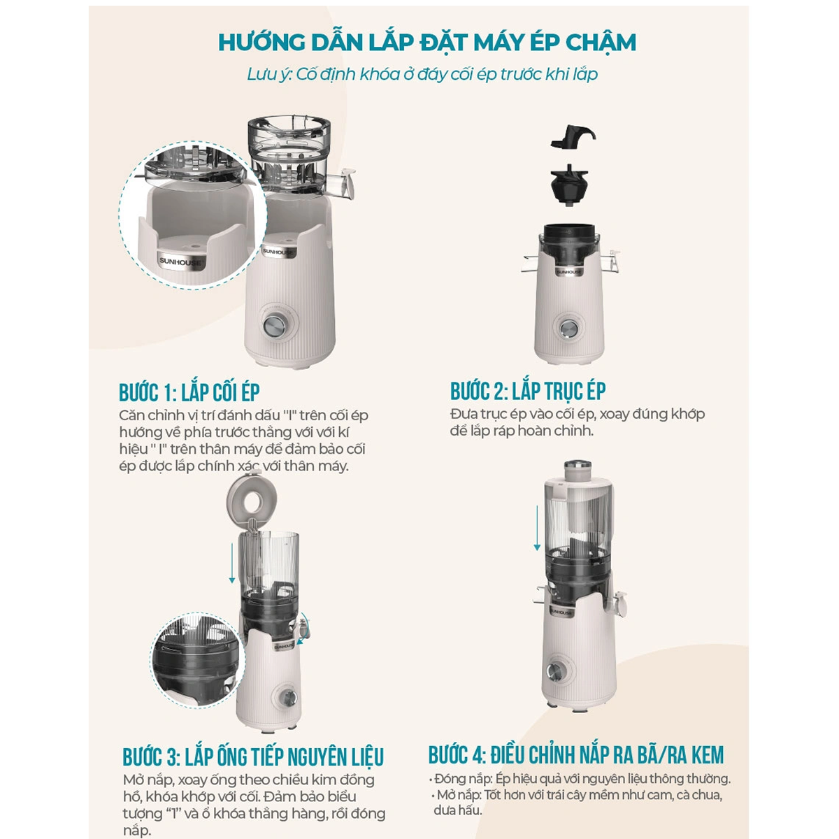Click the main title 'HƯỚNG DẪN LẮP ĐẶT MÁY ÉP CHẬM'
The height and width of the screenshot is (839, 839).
tap(427, 41)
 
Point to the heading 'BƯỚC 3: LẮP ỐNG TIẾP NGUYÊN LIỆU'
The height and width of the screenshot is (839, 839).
tap(253, 756)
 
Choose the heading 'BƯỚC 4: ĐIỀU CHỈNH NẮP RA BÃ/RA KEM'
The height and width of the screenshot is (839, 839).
tap(576, 755)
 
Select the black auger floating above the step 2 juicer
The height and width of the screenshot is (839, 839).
tap(570, 185)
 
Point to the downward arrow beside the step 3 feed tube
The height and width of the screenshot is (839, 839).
tap(232, 563)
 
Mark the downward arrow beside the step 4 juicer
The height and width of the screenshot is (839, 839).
tap(537, 528)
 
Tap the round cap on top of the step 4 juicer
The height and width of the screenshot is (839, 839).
tap(578, 470)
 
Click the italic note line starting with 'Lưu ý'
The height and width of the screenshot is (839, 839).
tap(422, 74)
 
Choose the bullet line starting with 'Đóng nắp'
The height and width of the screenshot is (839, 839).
tap(580, 778)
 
